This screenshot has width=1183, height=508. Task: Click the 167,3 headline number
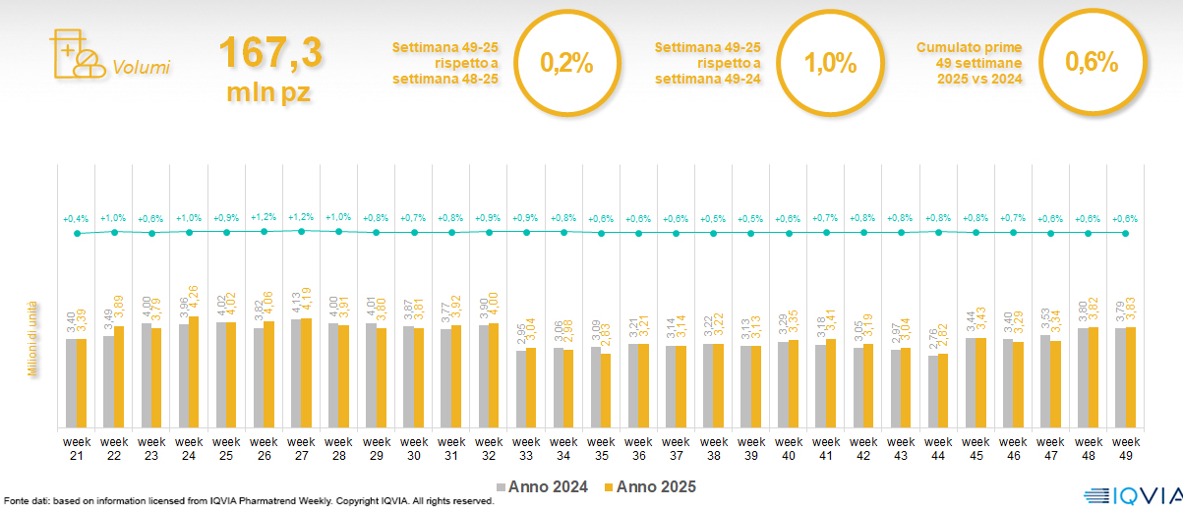[x=270, y=54]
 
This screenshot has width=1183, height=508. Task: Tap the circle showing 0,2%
[x=566, y=63]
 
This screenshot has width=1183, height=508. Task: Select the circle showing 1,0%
[x=830, y=63]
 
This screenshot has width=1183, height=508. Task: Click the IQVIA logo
[x=1131, y=495]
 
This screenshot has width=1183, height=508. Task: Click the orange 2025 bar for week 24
[x=195, y=371]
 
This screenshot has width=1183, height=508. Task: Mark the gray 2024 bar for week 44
[x=933, y=391]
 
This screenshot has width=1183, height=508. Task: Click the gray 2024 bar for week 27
[x=296, y=373]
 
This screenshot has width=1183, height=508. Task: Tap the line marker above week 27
[x=302, y=230]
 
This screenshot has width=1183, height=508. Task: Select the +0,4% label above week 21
[x=76, y=218]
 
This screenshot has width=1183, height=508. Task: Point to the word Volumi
[x=142, y=68]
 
